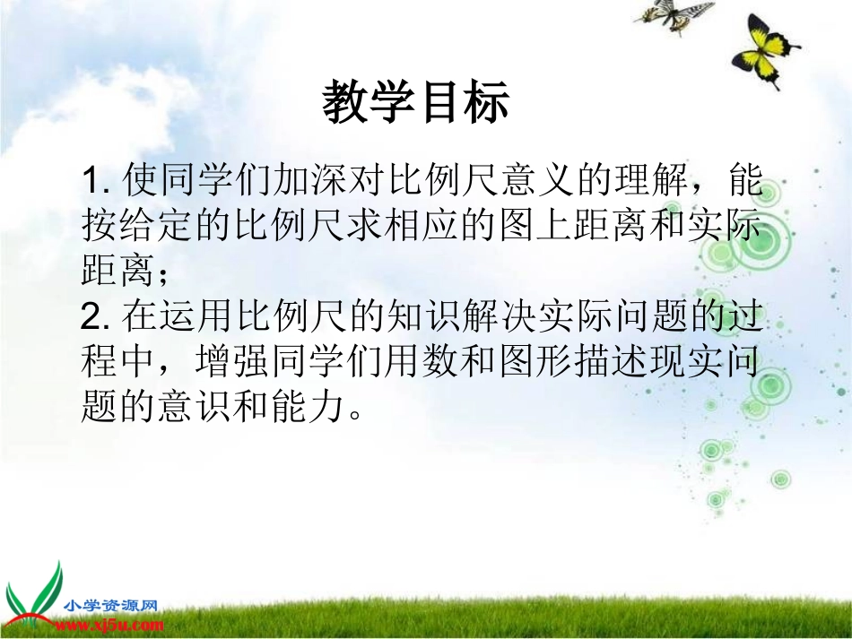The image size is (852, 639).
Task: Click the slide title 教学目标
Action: [415, 102]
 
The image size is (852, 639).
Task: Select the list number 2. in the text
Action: [94, 317]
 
